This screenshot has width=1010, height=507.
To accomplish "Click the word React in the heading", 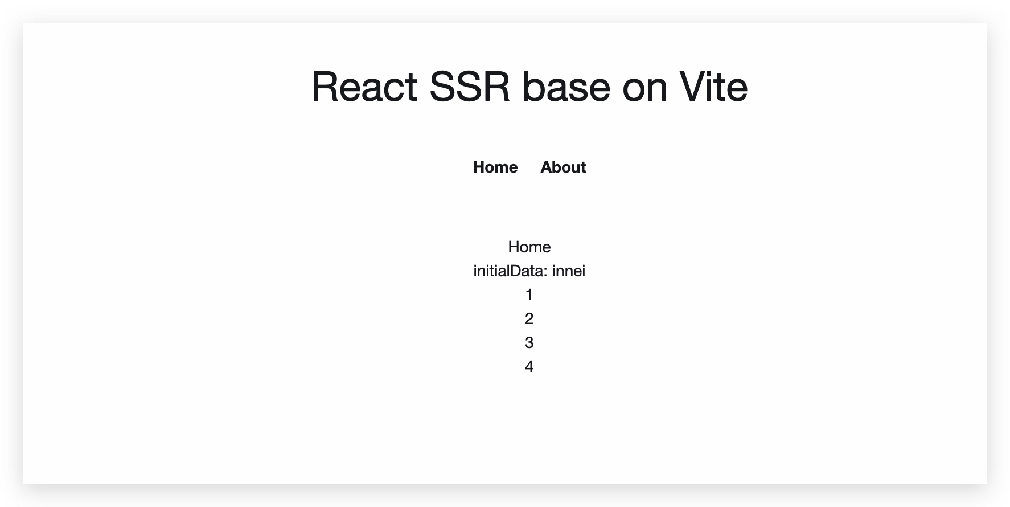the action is click(x=364, y=87).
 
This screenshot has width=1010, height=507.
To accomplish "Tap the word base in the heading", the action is click(x=566, y=87).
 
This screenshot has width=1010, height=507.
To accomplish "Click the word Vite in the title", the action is click(x=713, y=87).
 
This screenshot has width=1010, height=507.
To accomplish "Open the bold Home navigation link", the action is click(x=495, y=167).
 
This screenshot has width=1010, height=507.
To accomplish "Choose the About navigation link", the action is click(x=563, y=167).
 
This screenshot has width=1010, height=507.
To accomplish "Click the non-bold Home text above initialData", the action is click(x=529, y=247).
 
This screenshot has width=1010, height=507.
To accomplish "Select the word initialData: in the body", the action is click(x=511, y=271).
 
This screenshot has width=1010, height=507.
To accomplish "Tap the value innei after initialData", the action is click(x=569, y=271).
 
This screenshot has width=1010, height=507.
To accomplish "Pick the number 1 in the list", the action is click(x=529, y=295).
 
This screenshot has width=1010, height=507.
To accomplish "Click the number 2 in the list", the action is click(x=529, y=319).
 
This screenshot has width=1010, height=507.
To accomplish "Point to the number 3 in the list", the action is click(x=529, y=343).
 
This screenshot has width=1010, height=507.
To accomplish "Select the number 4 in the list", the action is click(x=529, y=367).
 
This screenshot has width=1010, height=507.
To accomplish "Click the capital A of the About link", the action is click(x=546, y=167).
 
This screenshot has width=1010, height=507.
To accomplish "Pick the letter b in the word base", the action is click(x=532, y=87).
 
